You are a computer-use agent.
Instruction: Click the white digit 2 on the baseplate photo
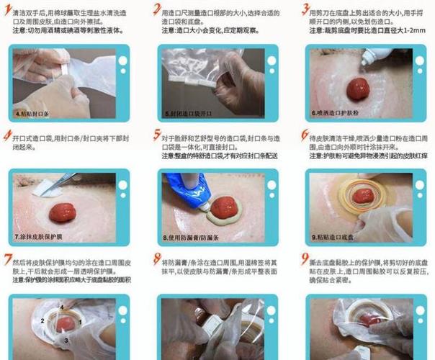point(43,321)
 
